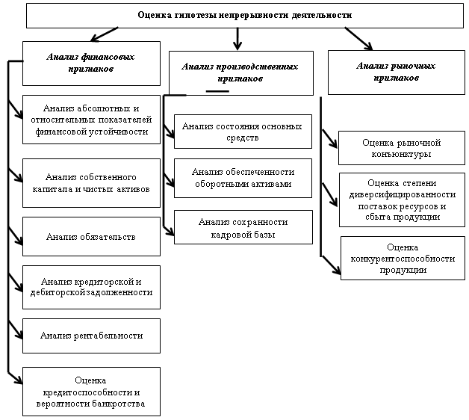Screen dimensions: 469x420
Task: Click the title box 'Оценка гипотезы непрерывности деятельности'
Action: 245,16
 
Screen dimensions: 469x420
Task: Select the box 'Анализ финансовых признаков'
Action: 91,64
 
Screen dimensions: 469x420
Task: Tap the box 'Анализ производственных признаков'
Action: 241,73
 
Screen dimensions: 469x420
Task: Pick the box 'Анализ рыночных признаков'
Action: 397,72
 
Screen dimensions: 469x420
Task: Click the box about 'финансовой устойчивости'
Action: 91,120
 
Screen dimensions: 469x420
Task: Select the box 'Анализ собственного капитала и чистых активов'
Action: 91,183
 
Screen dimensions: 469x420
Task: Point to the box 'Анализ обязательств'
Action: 91,236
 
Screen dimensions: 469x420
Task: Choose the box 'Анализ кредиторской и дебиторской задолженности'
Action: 91,288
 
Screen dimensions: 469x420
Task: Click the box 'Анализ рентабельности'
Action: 91,336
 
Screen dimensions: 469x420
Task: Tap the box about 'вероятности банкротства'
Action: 91,392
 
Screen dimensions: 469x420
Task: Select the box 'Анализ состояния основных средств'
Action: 243,132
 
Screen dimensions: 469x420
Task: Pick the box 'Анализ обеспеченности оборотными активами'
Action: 243,178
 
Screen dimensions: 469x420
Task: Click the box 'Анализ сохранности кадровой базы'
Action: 243,227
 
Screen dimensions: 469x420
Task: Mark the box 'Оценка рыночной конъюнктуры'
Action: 402,148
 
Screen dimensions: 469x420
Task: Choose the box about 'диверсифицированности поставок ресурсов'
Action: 402,200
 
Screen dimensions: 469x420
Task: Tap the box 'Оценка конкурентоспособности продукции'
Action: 403,259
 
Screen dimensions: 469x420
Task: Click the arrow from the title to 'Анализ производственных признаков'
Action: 237,39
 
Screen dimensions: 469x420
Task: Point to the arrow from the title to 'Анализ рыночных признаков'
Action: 358,39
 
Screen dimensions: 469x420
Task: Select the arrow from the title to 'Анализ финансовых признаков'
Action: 105,34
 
